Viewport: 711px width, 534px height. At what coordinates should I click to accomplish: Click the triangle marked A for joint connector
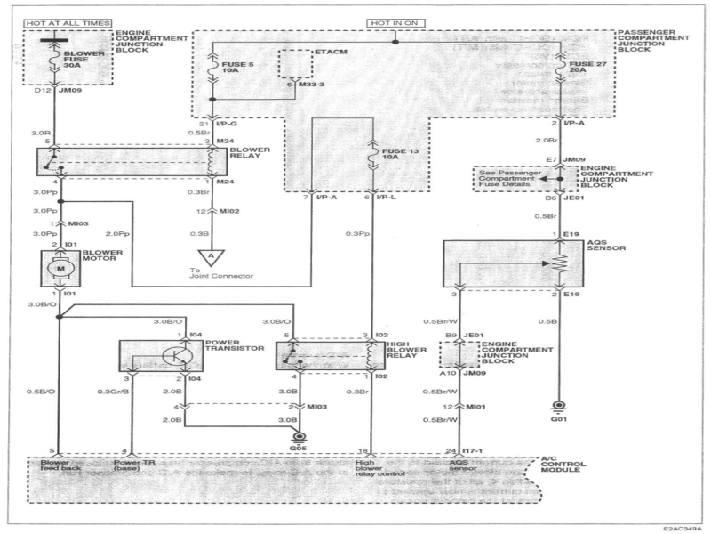tap(210, 255)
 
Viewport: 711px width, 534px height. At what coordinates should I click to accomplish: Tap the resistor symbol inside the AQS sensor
tap(558, 264)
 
